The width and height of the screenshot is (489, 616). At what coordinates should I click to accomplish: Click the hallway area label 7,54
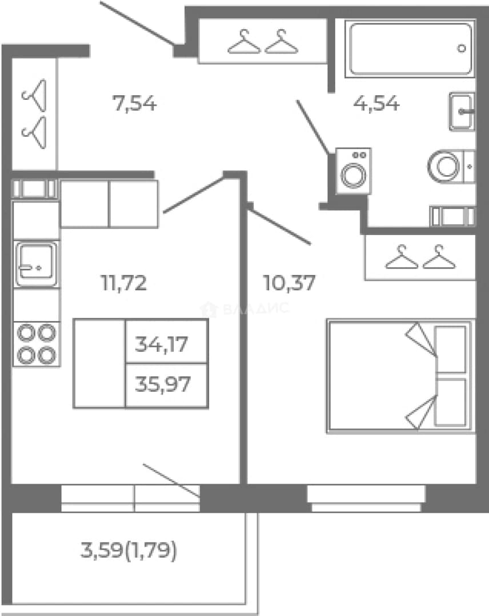pos(135,104)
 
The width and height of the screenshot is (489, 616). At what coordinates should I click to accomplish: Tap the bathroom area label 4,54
pos(376,104)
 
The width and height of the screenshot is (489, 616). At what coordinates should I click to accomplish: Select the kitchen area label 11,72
pos(124,283)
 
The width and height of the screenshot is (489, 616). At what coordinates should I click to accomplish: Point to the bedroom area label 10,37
pos(289,283)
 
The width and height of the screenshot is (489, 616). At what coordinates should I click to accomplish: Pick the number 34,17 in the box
pos(161,344)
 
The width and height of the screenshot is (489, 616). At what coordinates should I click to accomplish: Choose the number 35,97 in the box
pos(163,384)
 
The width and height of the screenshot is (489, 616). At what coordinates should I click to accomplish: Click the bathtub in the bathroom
pos(410,48)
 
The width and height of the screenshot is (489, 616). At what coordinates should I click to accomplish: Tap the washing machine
pos(354,171)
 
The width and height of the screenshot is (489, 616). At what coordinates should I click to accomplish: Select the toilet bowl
pos(451,166)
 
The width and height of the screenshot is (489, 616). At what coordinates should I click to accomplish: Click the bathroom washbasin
pos(462,112)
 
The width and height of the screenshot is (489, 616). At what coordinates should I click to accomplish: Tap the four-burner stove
pos(37,344)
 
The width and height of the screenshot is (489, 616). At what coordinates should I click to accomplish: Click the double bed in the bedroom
pos(400,376)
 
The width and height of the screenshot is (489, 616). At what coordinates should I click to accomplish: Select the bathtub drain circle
pos(462,48)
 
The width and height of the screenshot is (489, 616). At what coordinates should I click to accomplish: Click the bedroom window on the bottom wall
pos(366,498)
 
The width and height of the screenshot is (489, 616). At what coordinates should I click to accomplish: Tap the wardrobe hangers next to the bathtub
pos(263,41)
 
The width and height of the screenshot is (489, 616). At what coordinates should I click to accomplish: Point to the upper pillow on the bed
pos(451,349)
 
